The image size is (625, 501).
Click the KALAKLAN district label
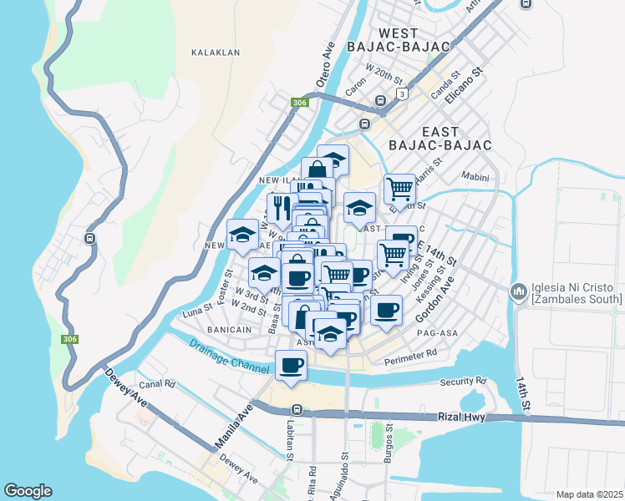tap(216, 52)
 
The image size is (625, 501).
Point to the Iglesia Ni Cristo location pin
tap(518, 291)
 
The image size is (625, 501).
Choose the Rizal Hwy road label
tap(460, 417)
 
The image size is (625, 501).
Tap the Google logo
tap(28, 491)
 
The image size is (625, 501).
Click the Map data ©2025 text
tap(588, 494)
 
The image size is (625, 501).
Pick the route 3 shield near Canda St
tap(402, 94)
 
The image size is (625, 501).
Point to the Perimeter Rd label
tap(410, 358)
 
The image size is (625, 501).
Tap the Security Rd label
tap(463, 382)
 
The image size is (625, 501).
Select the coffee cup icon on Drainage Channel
tap(291, 366)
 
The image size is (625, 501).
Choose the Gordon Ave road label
tap(438, 296)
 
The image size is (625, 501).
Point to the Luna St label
tap(199, 313)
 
